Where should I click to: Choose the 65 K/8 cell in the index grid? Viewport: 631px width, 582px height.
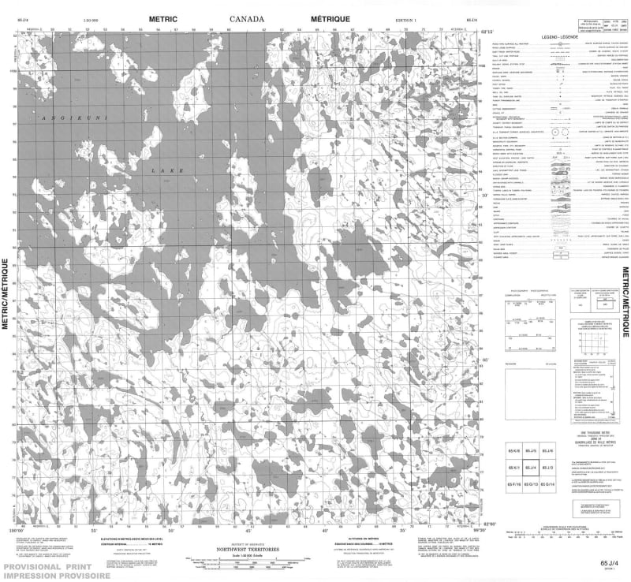click(513, 450)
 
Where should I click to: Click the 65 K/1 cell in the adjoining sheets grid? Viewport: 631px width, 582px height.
click(513, 467)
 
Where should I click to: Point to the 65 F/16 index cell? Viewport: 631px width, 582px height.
click(513, 483)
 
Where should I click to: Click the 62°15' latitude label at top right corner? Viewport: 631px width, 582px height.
click(491, 32)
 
